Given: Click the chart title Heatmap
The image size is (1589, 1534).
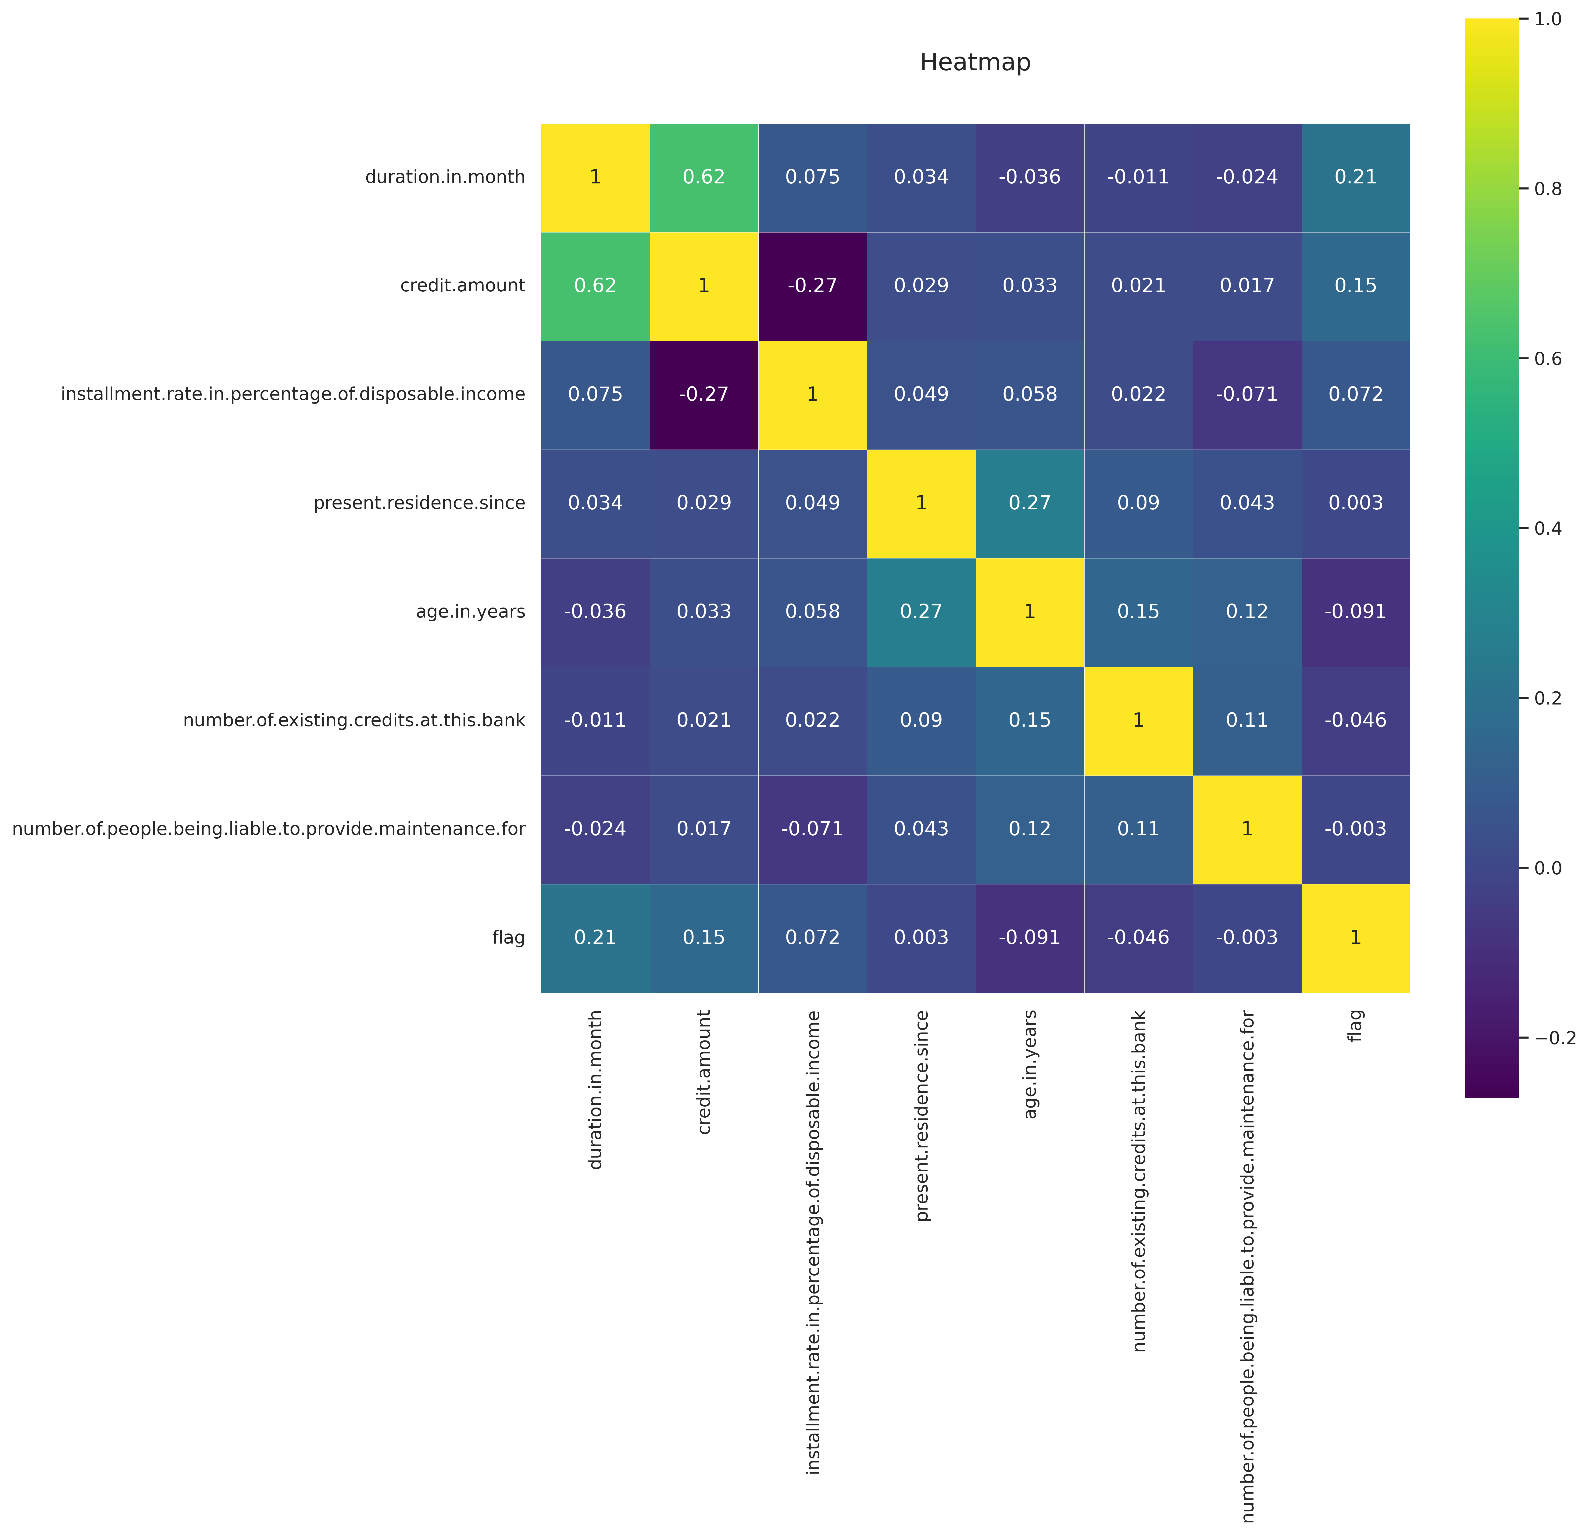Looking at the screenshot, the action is tap(975, 62).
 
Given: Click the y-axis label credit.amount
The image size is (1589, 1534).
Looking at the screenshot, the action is tap(463, 285).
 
